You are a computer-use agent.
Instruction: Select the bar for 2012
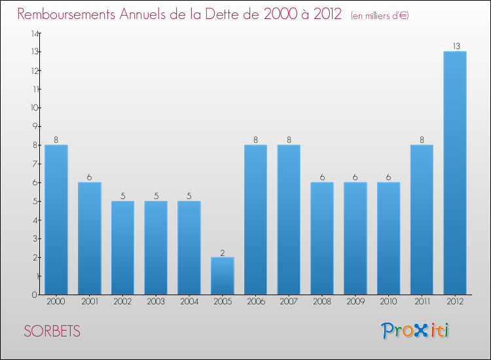[x=455, y=173]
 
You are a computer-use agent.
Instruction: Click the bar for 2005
[x=222, y=276]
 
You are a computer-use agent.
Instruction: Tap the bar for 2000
[x=56, y=219]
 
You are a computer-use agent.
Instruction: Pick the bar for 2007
[x=289, y=219]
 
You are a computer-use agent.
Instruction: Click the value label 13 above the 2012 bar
[x=455, y=46]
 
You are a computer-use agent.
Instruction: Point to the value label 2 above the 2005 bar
[x=222, y=252]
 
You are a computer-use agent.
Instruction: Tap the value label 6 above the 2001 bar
[x=89, y=177]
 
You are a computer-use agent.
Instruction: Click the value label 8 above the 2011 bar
[x=422, y=139]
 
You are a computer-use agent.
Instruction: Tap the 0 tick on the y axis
[x=34, y=295]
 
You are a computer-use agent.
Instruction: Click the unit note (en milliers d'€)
[x=380, y=16]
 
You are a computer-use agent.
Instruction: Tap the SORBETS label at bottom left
[x=52, y=332]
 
